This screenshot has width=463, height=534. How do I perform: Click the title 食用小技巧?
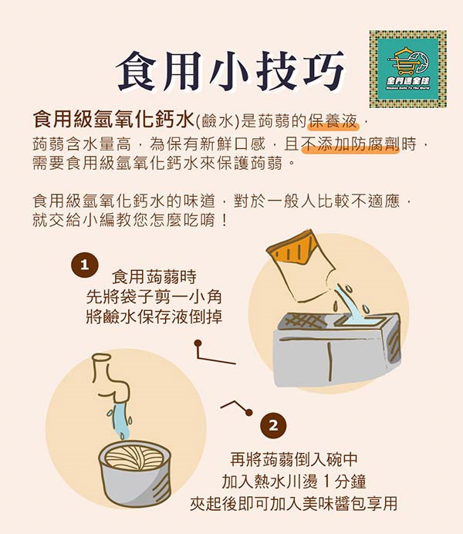click(x=230, y=71)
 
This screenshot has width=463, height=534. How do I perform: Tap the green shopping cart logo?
click(x=408, y=69)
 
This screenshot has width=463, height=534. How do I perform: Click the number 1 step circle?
click(x=85, y=265)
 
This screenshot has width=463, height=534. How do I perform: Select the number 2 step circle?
click(x=273, y=426)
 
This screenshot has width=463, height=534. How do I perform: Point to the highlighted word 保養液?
click(x=333, y=121)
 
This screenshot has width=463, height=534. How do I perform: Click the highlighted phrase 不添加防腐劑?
click(x=351, y=144)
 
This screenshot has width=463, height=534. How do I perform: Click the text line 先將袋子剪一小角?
click(x=154, y=296)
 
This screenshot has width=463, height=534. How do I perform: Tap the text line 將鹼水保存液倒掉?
click(x=154, y=316)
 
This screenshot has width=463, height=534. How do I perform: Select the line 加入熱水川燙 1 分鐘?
click(x=294, y=482)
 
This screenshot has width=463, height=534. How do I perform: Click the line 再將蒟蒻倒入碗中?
click(x=294, y=459)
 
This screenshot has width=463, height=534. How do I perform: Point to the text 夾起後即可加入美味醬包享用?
click(x=294, y=504)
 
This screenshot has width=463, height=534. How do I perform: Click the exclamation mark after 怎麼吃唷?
click(x=224, y=221)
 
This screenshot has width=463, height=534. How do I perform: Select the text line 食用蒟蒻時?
click(x=154, y=276)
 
